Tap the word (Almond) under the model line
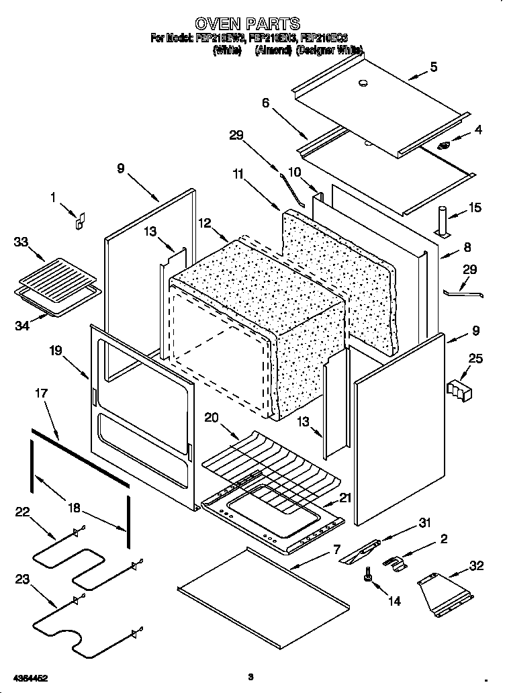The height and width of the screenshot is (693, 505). pyautogui.click(x=274, y=50)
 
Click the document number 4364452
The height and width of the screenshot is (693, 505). pyautogui.click(x=29, y=678)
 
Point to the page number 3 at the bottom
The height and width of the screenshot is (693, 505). pyautogui.click(x=249, y=677)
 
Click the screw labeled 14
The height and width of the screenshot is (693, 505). pyautogui.click(x=369, y=574)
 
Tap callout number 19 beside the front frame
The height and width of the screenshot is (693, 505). pyautogui.click(x=56, y=349)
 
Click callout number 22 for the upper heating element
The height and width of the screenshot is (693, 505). pyautogui.click(x=23, y=512)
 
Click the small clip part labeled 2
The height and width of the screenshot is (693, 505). pyautogui.click(x=394, y=563)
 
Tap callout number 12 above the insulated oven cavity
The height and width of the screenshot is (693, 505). pyautogui.click(x=203, y=222)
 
